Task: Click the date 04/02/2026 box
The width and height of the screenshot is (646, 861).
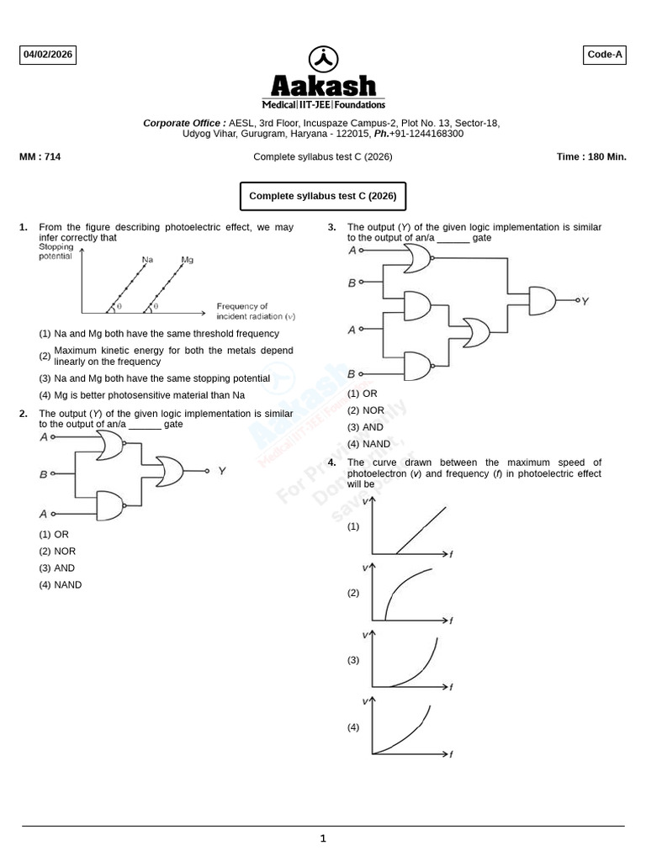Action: (48, 55)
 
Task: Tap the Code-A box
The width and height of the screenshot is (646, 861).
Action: (605, 55)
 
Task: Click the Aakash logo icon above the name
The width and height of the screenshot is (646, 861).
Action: (324, 60)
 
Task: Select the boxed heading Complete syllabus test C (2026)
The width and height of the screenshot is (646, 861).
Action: (323, 197)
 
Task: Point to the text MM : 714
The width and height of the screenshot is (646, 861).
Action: (40, 156)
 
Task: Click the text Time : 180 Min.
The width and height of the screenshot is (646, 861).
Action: (591, 156)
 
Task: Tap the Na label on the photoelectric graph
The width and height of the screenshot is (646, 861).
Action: (147, 260)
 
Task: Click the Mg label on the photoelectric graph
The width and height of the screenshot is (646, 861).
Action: (187, 260)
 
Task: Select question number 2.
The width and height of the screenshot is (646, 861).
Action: (24, 414)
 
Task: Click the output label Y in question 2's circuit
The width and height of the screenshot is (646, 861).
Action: (222, 472)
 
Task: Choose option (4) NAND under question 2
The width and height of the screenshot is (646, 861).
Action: (61, 585)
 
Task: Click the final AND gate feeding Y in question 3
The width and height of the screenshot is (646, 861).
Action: (542, 299)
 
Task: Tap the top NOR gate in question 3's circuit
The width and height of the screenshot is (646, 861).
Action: (417, 261)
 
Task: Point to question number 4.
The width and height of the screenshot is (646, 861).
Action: (332, 462)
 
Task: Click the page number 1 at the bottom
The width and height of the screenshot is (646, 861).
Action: (323, 838)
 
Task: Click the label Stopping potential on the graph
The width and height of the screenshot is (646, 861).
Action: (56, 252)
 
